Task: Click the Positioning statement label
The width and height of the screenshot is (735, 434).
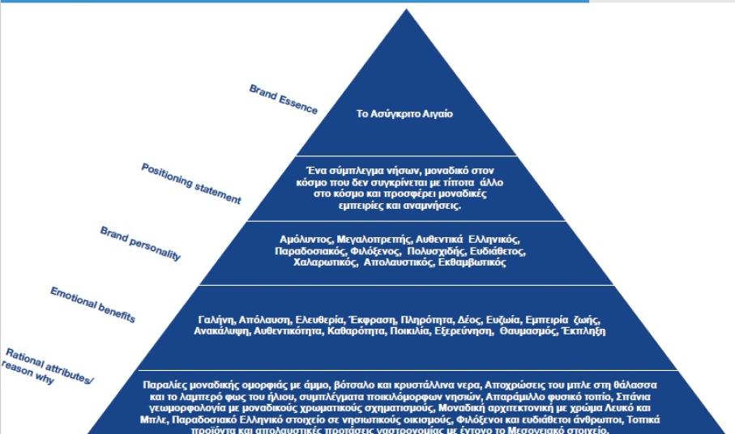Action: (190, 182)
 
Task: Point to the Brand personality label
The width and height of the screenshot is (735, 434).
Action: (141, 243)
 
